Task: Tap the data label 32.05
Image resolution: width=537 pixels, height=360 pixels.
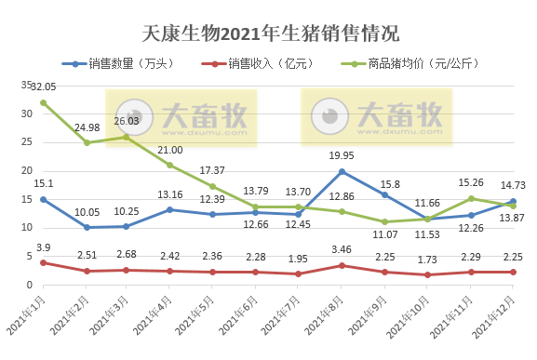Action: pos(44,87)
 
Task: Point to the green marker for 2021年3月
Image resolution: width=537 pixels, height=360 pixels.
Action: pos(127,137)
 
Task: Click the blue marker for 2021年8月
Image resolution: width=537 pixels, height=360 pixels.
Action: pos(342,171)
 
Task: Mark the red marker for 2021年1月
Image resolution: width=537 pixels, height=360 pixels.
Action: pos(44,262)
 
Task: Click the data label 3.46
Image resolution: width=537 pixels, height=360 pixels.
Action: pos(342,251)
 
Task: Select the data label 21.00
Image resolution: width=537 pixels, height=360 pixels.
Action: pos(169,150)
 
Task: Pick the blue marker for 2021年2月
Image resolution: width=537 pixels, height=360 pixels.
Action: pos(87,227)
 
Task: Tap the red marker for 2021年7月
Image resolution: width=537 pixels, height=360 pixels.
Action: pos(299,273)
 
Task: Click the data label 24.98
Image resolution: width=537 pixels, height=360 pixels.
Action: pos(87,127)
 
